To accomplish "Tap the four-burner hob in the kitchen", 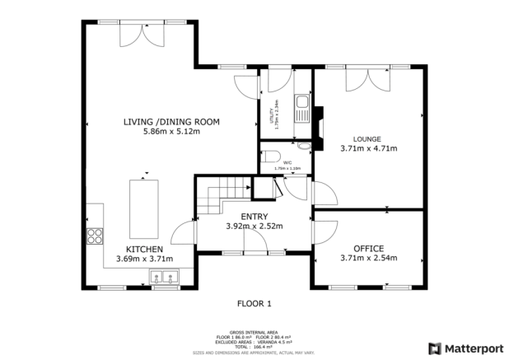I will (x=95, y=236).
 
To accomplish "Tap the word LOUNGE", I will (x=368, y=138).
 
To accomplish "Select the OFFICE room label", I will (x=368, y=248).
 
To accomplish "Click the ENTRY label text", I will (x=254, y=217).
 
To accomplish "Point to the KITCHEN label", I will (x=144, y=249).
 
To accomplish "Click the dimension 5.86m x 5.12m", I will (x=170, y=132).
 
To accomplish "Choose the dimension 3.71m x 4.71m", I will (x=368, y=149).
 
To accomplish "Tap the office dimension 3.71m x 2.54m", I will (x=368, y=259).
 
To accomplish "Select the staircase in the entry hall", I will (x=221, y=198).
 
